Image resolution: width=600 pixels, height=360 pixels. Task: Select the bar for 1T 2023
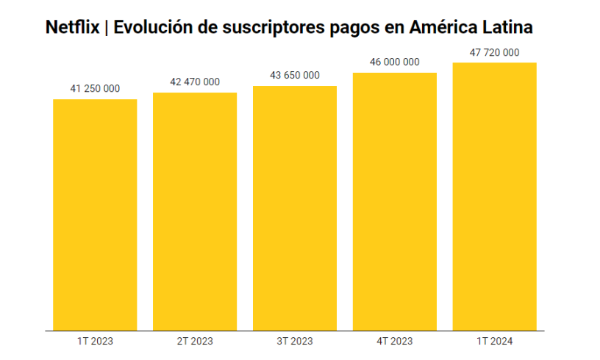(x=95, y=215)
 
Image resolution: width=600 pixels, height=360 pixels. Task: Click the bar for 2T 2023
(x=195, y=212)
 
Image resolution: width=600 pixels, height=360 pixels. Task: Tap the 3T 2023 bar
(x=295, y=208)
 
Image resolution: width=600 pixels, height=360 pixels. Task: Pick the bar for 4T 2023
(x=395, y=201)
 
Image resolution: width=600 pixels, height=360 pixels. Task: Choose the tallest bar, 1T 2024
(x=494, y=196)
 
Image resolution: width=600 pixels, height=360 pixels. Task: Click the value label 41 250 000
(x=95, y=89)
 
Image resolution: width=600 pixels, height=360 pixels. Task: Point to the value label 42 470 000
(x=195, y=82)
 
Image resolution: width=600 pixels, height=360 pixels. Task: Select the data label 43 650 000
(x=295, y=75)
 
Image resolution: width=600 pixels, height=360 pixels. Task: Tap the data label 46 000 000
(x=395, y=62)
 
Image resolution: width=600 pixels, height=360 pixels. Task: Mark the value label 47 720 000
(x=494, y=52)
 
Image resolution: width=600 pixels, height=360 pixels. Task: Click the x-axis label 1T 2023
(x=95, y=341)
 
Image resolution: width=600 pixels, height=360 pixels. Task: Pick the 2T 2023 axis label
(x=195, y=341)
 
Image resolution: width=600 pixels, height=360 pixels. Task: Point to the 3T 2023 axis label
(x=295, y=341)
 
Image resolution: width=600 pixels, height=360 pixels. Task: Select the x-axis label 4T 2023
(x=395, y=341)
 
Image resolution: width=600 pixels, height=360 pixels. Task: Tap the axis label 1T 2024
(x=494, y=341)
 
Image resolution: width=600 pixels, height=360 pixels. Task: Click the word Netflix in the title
(x=72, y=27)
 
